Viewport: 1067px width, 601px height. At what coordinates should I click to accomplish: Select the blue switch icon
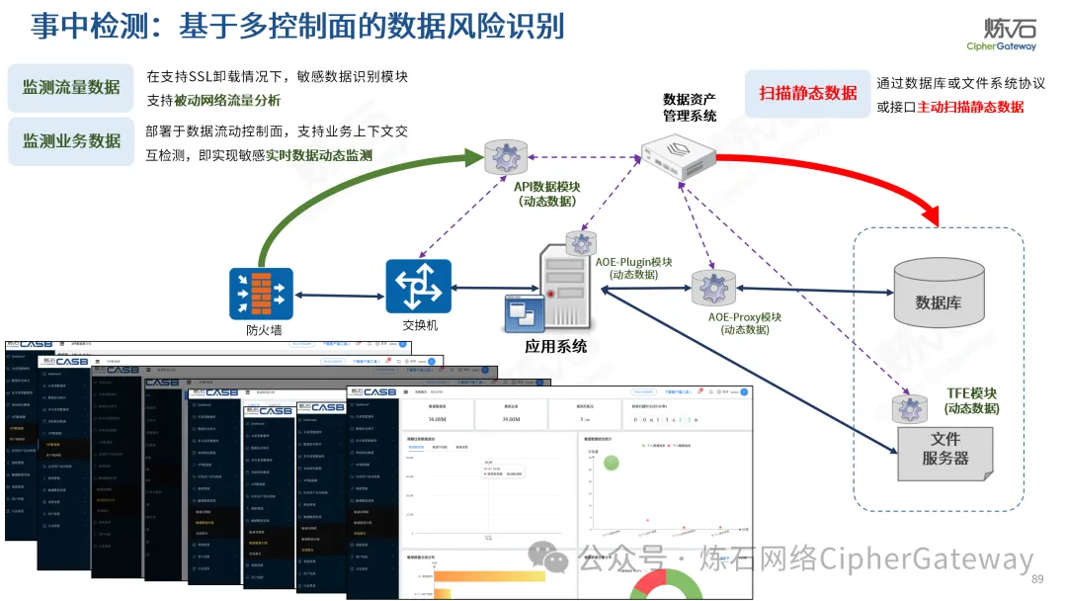[x=418, y=286]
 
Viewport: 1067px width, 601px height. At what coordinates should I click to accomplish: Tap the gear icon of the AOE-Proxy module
[x=713, y=288]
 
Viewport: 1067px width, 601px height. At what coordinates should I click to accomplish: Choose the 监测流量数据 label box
[x=71, y=86]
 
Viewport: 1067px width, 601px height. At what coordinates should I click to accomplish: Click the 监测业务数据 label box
[x=71, y=140]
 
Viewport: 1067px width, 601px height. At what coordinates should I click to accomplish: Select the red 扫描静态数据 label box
[x=807, y=93]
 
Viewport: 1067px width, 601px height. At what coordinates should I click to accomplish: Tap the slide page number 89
[x=1036, y=579]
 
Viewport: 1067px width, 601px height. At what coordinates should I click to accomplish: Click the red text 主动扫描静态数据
[x=970, y=107]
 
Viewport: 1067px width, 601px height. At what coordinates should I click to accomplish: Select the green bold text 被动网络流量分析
[x=227, y=100]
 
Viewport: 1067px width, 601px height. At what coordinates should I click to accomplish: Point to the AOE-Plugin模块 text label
[x=633, y=262]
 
